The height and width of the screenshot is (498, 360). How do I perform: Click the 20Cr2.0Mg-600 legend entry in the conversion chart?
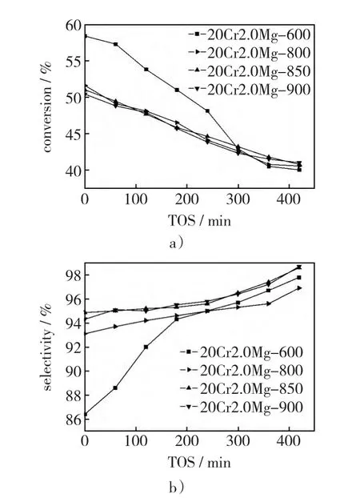pyautogui.click(x=249, y=34)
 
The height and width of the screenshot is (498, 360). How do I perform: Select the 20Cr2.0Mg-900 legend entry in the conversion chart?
pyautogui.click(x=249, y=90)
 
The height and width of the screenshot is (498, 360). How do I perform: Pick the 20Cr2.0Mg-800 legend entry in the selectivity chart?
pyautogui.click(x=242, y=371)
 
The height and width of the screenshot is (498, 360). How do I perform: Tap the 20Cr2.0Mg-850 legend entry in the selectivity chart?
pyautogui.click(x=242, y=389)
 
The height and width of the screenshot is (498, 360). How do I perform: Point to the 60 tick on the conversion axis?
pyautogui.click(x=74, y=25)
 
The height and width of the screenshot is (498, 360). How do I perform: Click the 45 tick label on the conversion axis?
pyautogui.click(x=74, y=134)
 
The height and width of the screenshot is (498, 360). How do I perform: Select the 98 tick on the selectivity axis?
pyautogui.click(x=74, y=275)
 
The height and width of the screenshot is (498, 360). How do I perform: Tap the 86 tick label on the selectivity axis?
pyautogui.click(x=74, y=420)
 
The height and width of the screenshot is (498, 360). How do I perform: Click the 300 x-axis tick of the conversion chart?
pyautogui.click(x=238, y=200)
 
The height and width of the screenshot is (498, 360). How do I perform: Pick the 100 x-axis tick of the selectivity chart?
pyautogui.click(x=136, y=441)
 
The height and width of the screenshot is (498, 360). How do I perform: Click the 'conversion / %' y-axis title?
pyautogui.click(x=46, y=107)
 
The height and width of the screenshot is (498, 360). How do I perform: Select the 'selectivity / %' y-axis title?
pyautogui.click(x=46, y=347)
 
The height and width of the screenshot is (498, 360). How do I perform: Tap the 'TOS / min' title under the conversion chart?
pyautogui.click(x=199, y=220)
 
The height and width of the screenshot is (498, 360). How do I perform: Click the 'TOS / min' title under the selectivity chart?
pyautogui.click(x=199, y=462)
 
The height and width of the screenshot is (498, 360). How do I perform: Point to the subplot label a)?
pyautogui.click(x=177, y=243)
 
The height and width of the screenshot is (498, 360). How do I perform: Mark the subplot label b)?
pyautogui.click(x=177, y=487)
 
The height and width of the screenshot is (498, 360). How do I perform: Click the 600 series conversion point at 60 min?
pyautogui.click(x=115, y=44)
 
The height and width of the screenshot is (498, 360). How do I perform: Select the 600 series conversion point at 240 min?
pyautogui.click(x=207, y=110)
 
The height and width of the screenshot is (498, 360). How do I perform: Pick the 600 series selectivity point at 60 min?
pyautogui.click(x=115, y=388)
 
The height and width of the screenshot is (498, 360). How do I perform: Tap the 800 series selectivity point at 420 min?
pyautogui.click(x=299, y=288)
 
